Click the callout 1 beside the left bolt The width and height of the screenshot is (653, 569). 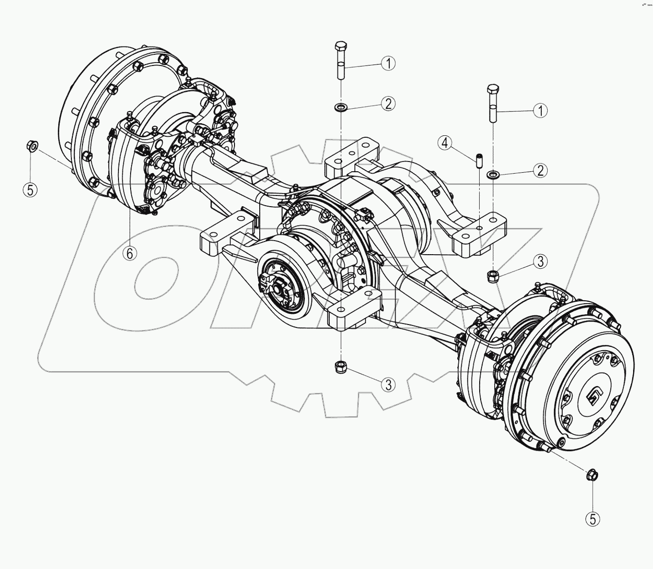[x=387, y=63]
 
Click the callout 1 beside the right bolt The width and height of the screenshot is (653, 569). [x=539, y=111]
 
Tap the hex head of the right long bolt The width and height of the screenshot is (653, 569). [x=493, y=89]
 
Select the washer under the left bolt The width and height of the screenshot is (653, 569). [x=341, y=106]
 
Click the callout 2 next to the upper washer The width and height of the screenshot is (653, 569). [x=387, y=103]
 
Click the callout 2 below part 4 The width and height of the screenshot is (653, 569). [x=539, y=170]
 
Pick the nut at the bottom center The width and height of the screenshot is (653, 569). [x=341, y=367]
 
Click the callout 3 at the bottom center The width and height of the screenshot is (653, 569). [x=387, y=385]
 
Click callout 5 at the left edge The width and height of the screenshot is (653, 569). [x=30, y=190]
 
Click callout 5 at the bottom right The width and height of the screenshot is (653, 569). [x=592, y=519]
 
